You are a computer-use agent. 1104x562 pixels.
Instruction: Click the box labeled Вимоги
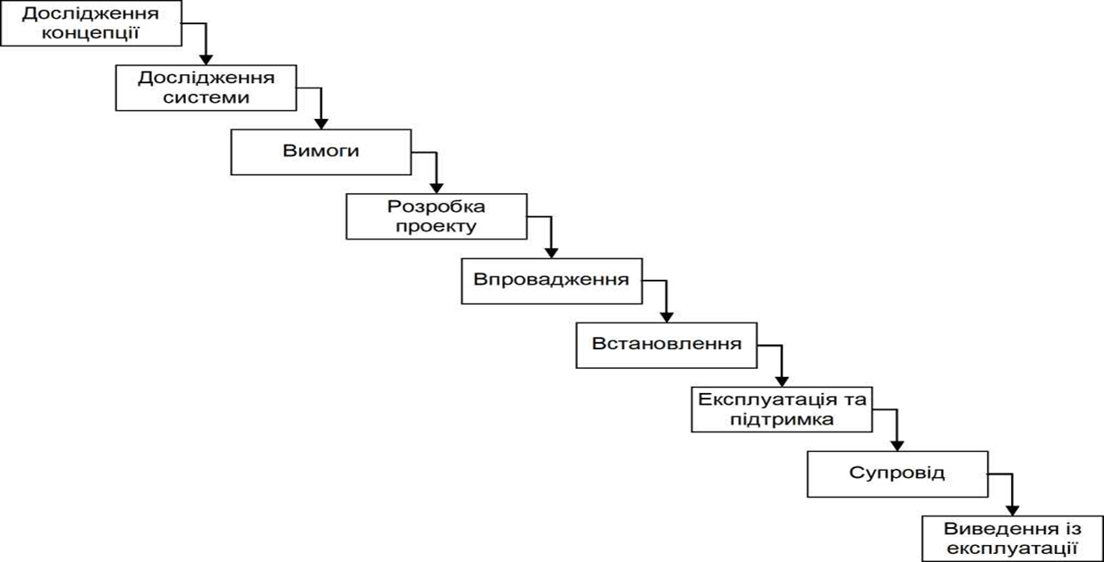point(321,152)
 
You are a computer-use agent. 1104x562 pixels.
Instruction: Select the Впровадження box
point(551,281)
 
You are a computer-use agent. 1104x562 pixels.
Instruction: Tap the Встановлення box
point(667,346)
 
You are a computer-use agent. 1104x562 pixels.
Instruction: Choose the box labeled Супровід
point(897,474)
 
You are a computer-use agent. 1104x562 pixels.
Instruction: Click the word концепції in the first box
point(90,33)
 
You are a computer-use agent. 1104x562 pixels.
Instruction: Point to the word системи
point(206,97)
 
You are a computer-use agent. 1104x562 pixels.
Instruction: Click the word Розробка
point(437,206)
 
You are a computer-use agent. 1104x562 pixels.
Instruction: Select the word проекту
point(437,227)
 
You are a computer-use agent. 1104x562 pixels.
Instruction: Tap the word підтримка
point(782,420)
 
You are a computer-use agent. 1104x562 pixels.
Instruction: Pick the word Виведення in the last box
point(996,529)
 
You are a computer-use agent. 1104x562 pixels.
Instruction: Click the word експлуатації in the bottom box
point(1013,549)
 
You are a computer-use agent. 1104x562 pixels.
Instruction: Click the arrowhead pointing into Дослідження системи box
point(206,60)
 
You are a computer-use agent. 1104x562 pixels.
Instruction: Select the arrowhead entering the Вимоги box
point(321,124)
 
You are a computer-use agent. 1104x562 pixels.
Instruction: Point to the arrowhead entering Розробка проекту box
point(437,188)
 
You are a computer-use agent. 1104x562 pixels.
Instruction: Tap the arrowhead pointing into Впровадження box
point(551,253)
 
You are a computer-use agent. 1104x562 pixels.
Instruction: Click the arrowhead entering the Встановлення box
point(667,317)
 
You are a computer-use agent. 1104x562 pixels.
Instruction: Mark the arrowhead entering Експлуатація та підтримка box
point(782,382)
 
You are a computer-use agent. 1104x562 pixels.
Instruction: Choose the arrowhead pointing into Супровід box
point(897,446)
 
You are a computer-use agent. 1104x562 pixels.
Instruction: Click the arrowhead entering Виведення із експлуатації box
point(1013,511)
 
